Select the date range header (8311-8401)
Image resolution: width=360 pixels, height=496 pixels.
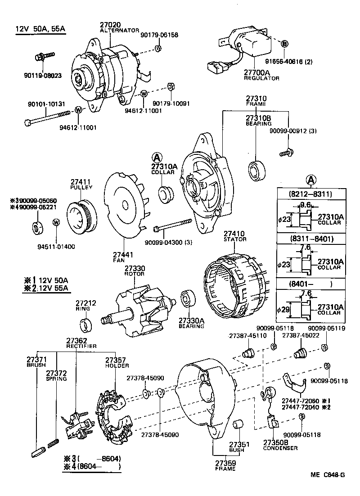coord(310,239)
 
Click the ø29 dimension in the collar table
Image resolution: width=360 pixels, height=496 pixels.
coord(284,309)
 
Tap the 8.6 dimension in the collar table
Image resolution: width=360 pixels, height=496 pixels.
coord(305,204)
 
